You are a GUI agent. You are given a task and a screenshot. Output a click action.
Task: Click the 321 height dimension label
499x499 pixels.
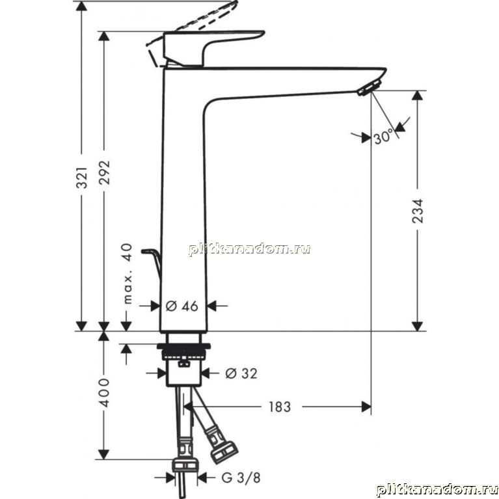[82, 177]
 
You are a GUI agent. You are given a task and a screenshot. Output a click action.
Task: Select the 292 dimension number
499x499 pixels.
[104, 172]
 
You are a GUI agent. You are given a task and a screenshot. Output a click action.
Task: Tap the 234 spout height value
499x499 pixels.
[418, 211]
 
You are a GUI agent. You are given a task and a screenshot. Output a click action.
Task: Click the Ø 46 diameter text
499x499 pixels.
[182, 306]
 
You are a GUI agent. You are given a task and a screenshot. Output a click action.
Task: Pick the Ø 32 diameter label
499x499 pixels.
[241, 373]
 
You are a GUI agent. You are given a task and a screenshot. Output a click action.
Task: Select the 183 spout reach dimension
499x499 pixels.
[280, 407]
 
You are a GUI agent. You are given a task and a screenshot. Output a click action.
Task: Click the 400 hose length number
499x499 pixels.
[103, 392]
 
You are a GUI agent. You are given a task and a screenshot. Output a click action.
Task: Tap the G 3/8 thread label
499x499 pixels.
[241, 478]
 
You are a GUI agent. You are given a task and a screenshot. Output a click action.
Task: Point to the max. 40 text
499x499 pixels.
[128, 274]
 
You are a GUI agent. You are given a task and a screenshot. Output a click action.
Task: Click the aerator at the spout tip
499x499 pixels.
[369, 87]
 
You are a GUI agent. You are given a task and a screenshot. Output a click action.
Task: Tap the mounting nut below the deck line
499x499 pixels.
[183, 352]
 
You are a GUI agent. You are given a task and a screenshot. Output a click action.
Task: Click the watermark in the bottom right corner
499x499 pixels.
[437, 491]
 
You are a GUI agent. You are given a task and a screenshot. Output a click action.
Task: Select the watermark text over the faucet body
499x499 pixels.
[249, 250]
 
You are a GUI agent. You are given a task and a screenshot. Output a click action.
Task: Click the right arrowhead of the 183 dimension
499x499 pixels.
[366, 407]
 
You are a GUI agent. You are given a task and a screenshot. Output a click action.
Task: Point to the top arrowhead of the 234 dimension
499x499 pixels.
[417, 96]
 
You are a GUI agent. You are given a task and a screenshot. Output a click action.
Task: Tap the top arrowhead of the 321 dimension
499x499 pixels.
[81, 6]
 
